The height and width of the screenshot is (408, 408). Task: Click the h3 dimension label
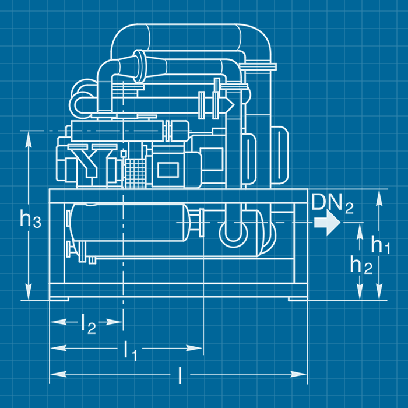coord(30,219)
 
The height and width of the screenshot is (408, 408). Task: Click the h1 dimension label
coord(381,245)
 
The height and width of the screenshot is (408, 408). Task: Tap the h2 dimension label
coord(361,265)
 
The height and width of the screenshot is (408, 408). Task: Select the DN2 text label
coord(332,203)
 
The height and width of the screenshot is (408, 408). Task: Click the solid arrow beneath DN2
coord(327,223)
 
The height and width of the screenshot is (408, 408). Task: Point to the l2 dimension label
coord(88,322)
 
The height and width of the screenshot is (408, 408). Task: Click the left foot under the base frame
coord(58,299)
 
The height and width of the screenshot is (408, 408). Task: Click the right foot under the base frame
coord(298,299)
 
